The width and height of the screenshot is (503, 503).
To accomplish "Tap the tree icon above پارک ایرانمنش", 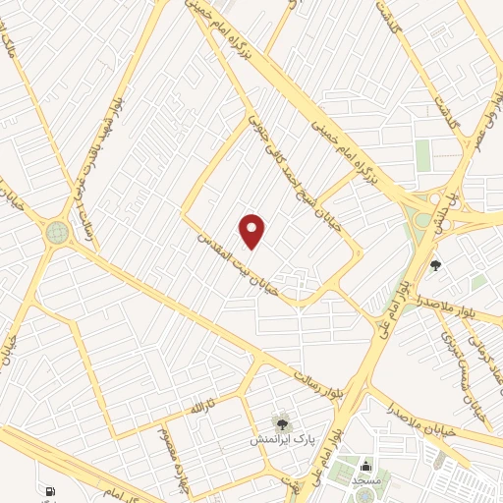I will pos(283,423).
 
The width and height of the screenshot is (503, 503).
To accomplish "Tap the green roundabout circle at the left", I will pos(58,233).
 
